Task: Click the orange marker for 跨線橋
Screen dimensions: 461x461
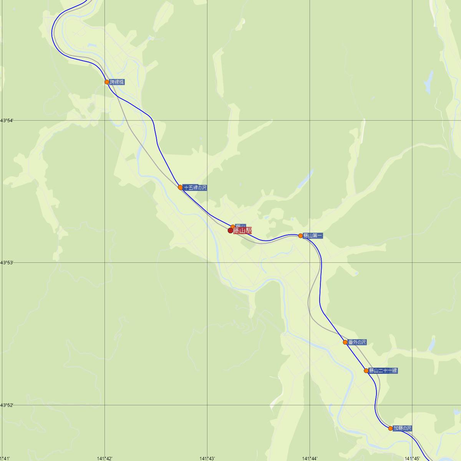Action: (x=107, y=82)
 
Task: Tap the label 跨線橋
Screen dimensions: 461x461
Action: (x=117, y=82)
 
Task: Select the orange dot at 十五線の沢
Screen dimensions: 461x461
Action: (x=180, y=187)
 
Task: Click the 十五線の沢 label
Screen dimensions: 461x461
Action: (x=195, y=188)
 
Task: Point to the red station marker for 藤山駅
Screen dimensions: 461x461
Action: (x=230, y=230)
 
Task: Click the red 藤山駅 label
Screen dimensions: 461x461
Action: (x=242, y=230)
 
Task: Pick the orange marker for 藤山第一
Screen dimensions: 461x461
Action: (x=300, y=235)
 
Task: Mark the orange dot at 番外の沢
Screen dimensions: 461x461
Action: (x=345, y=342)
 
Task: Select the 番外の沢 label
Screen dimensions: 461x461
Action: (x=357, y=342)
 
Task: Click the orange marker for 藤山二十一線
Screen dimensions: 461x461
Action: (x=366, y=371)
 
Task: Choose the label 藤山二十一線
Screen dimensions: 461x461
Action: (x=383, y=371)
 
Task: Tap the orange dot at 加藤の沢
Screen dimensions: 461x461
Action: (x=390, y=428)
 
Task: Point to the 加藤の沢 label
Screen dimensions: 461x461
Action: (x=402, y=428)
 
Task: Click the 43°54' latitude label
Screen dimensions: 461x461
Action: (x=7, y=121)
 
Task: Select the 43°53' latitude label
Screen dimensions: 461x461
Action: (x=7, y=263)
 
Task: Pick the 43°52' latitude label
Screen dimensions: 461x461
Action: (x=7, y=405)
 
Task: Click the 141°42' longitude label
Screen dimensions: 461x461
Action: (x=104, y=458)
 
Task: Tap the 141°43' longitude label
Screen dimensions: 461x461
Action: (x=207, y=458)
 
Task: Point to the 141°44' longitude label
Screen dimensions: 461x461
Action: (x=310, y=458)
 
